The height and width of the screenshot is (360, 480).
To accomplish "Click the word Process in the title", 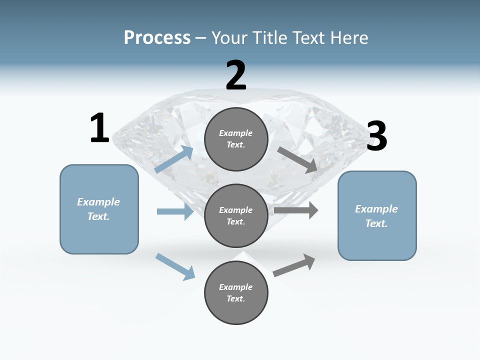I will (157, 38).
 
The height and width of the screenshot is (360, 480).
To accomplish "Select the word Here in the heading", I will (349, 38).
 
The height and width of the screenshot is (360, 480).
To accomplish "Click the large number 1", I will (99, 128).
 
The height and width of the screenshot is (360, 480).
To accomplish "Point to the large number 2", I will (236, 75).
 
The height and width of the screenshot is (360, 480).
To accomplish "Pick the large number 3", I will (376, 136).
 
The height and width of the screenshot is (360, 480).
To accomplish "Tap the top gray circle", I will (236, 139).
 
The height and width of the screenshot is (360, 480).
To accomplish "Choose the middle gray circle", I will (236, 215).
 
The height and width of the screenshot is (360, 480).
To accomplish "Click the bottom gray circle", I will (236, 292).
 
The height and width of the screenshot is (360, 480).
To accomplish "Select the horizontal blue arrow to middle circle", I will (175, 211).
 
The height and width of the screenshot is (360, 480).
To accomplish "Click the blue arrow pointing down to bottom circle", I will (175, 266).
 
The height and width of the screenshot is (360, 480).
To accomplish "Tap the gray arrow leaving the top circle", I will (297, 159).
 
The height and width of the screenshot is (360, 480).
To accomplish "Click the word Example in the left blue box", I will (98, 202).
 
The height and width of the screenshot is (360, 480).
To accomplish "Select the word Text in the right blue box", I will (375, 223).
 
